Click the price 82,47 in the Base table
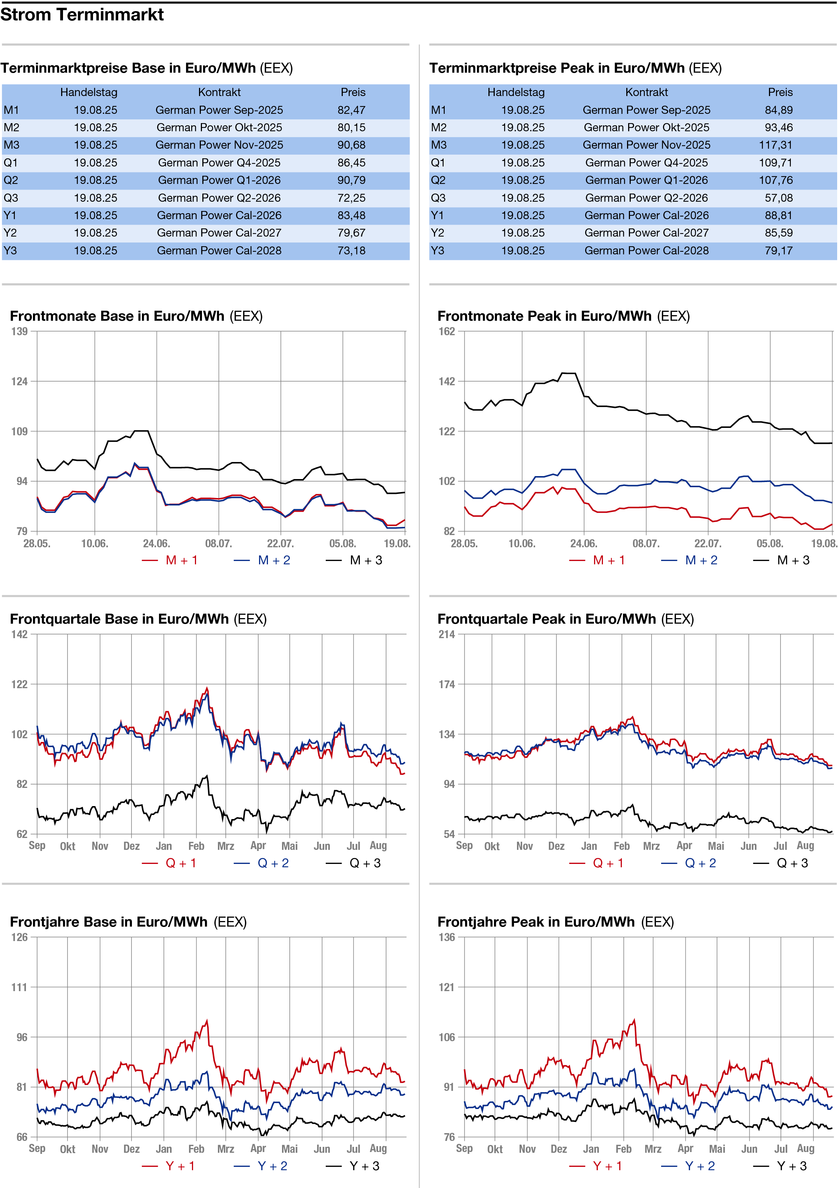pos(351,110)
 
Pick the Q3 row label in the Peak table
pos(438,198)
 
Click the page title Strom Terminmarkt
pos(82,15)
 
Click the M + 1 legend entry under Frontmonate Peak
pos(597,560)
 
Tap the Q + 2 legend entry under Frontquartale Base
pos(261,863)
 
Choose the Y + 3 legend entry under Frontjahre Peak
pos(780,1166)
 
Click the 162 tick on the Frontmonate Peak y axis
pos(447,331)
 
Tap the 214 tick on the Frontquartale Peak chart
pos(447,634)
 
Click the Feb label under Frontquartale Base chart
pos(196,846)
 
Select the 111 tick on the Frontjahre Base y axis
pos(20,987)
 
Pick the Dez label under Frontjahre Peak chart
pos(558,1149)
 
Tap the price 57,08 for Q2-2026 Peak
pos(779,198)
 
